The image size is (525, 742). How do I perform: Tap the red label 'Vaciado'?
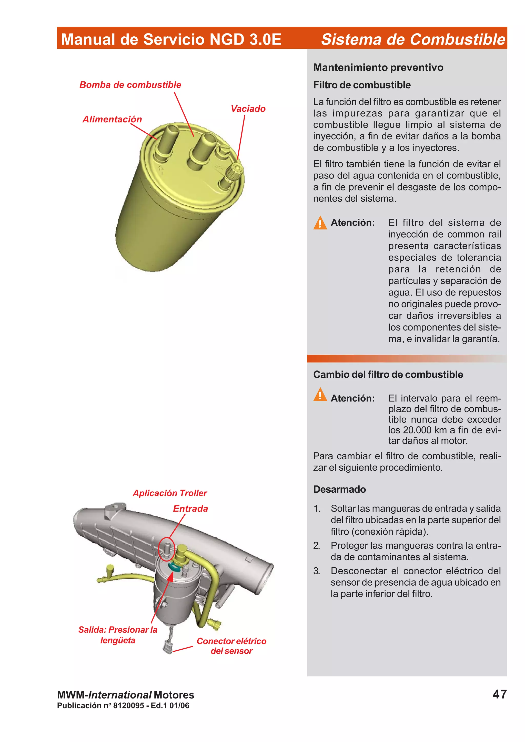pyautogui.click(x=248, y=109)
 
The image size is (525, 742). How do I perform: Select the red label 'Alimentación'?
pyautogui.click(x=112, y=119)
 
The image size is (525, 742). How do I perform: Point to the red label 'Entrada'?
pyautogui.click(x=190, y=509)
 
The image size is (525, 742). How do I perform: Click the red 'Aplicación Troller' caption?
pyautogui.click(x=169, y=493)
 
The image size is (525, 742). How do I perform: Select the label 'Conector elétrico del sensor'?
pyautogui.click(x=231, y=646)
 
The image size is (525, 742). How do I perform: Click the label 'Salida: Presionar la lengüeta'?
pyautogui.click(x=118, y=635)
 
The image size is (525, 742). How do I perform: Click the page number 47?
pyautogui.click(x=499, y=694)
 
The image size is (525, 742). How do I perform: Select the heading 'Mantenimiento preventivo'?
pyautogui.click(x=378, y=68)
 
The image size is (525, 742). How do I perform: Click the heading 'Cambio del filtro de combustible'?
pyautogui.click(x=388, y=375)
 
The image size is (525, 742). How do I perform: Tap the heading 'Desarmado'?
pyautogui.click(x=339, y=489)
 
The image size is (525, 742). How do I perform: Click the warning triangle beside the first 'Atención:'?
pyautogui.click(x=320, y=223)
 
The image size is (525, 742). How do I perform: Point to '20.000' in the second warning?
pyautogui.click(x=418, y=430)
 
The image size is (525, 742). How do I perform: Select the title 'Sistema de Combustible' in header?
pyautogui.click(x=413, y=39)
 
